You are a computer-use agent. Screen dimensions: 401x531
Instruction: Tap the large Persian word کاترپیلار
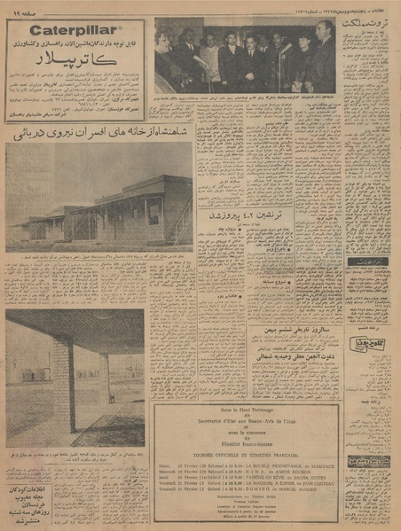pos(74,65)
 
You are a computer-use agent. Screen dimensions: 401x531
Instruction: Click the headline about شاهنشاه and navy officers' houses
pos(98,135)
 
